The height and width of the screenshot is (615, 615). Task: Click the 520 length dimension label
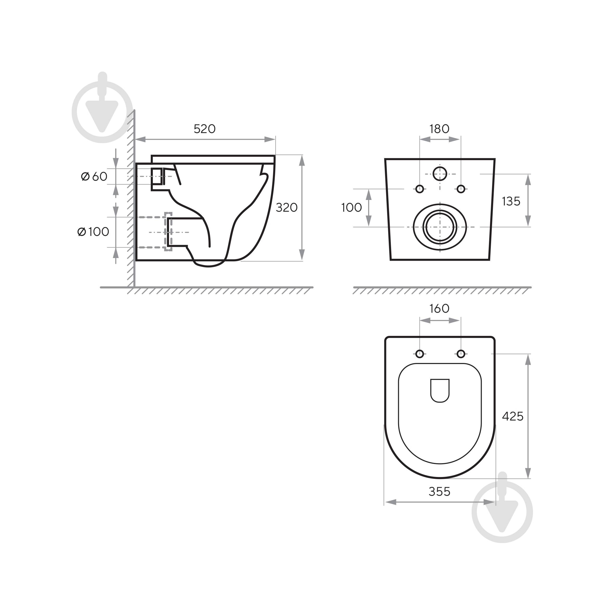click(205, 129)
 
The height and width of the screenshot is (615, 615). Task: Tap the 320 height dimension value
click(286, 208)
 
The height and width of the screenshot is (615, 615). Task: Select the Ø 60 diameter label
click(94, 176)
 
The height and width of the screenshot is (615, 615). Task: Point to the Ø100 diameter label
click(93, 232)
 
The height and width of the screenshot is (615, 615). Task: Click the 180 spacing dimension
click(439, 129)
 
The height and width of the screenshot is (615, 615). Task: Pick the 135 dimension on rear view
click(511, 201)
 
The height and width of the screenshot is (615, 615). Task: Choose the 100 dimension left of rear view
click(352, 208)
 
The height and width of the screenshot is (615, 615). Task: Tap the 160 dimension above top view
click(439, 309)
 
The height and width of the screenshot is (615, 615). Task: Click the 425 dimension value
click(512, 416)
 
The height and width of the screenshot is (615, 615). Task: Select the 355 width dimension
click(439, 492)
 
